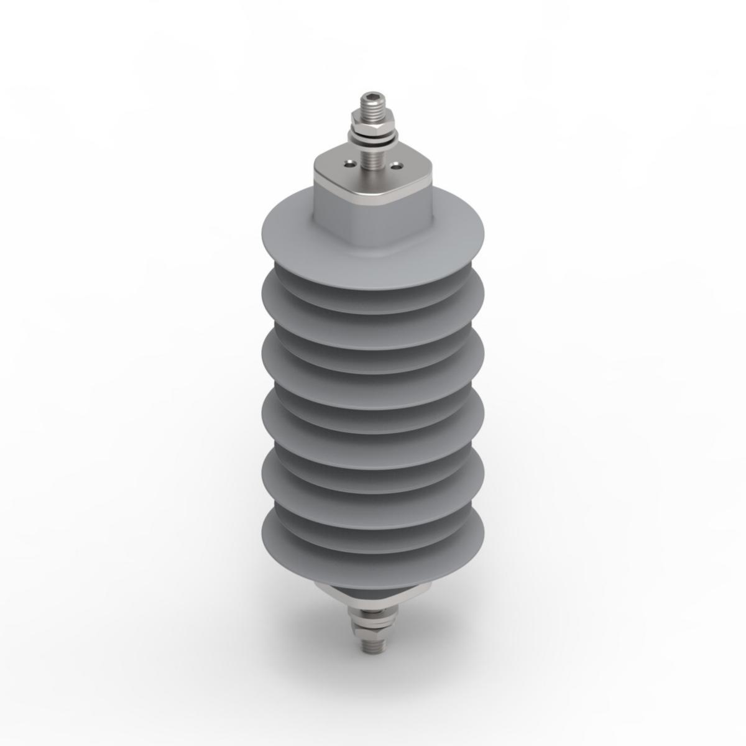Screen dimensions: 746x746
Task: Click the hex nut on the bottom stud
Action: [x=371, y=627]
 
